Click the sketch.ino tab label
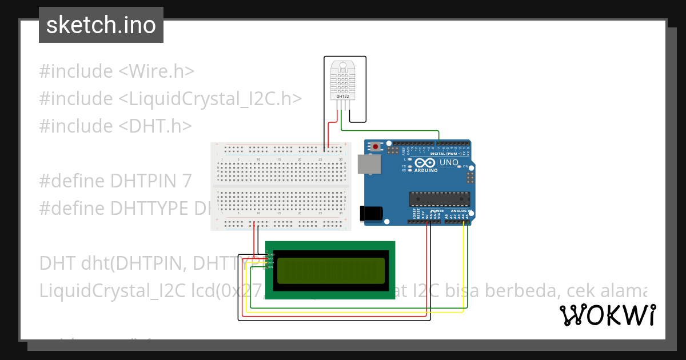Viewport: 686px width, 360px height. click(101, 25)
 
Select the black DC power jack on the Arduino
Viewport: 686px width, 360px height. click(370, 213)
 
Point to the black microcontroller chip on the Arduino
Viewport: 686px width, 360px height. click(439, 199)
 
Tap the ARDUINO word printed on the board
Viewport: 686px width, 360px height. click(425, 170)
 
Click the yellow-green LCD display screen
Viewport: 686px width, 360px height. click(330, 270)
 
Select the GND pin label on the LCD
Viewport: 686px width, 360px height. click(271, 254)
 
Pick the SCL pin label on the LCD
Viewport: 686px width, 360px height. click(271, 267)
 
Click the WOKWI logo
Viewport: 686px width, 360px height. click(607, 315)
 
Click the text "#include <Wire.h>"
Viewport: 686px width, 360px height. click(117, 71)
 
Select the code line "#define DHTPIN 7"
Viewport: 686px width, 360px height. click(115, 181)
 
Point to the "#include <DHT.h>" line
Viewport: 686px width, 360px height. click(115, 126)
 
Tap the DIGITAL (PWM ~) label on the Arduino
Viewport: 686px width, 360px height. click(445, 154)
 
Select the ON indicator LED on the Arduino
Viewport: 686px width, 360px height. click(459, 166)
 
